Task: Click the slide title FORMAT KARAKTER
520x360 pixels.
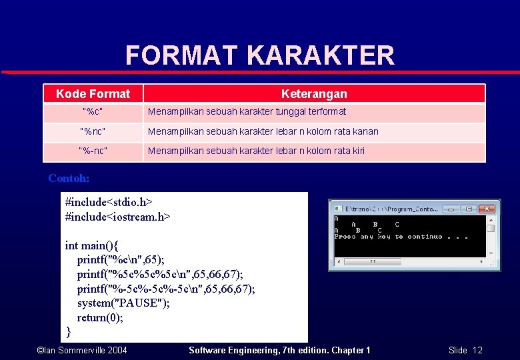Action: pyautogui.click(x=259, y=55)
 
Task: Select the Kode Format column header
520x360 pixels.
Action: pyautogui.click(x=93, y=94)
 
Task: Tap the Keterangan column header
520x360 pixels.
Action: pyautogui.click(x=314, y=94)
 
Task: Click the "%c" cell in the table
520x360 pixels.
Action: pyautogui.click(x=93, y=112)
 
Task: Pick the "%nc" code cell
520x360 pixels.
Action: pyautogui.click(x=93, y=132)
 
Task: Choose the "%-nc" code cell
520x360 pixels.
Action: pyautogui.click(x=93, y=151)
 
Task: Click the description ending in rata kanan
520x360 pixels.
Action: pyautogui.click(x=263, y=132)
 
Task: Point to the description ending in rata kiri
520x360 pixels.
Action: pyautogui.click(x=256, y=151)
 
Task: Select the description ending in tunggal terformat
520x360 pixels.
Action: pyautogui.click(x=247, y=112)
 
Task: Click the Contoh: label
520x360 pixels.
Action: pyautogui.click(x=69, y=179)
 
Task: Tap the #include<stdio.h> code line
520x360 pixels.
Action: pyautogui.click(x=109, y=202)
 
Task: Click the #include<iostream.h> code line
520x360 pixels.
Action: pyautogui.click(x=117, y=217)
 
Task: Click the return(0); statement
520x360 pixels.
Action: pyautogui.click(x=100, y=317)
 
